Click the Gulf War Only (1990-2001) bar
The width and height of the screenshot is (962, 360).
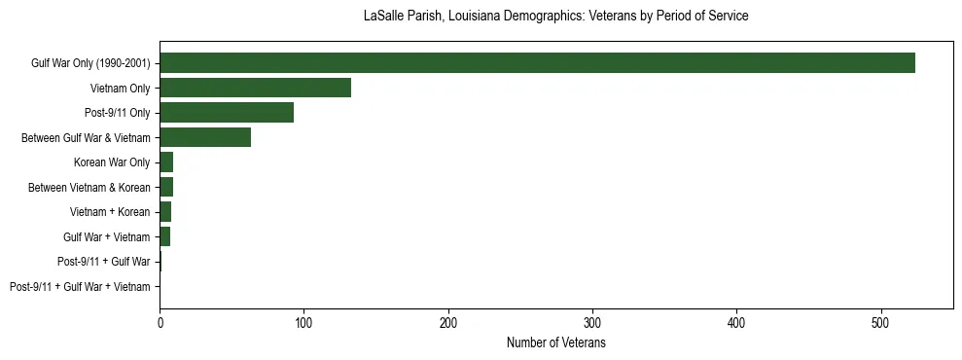tap(537, 63)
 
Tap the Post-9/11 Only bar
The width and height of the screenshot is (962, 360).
tap(227, 113)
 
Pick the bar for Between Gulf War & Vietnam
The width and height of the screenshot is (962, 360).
tap(205, 137)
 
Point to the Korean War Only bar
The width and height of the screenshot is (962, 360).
tap(166, 162)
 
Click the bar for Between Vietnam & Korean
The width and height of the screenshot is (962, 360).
tap(166, 187)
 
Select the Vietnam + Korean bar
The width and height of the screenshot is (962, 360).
tap(165, 212)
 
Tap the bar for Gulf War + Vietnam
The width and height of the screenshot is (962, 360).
tap(165, 236)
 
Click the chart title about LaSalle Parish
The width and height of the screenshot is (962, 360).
tap(555, 17)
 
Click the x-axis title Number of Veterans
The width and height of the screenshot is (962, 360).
tap(555, 343)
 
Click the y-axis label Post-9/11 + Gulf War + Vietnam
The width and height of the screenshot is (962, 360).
tap(80, 287)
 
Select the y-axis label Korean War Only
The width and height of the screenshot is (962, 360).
tap(112, 162)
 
